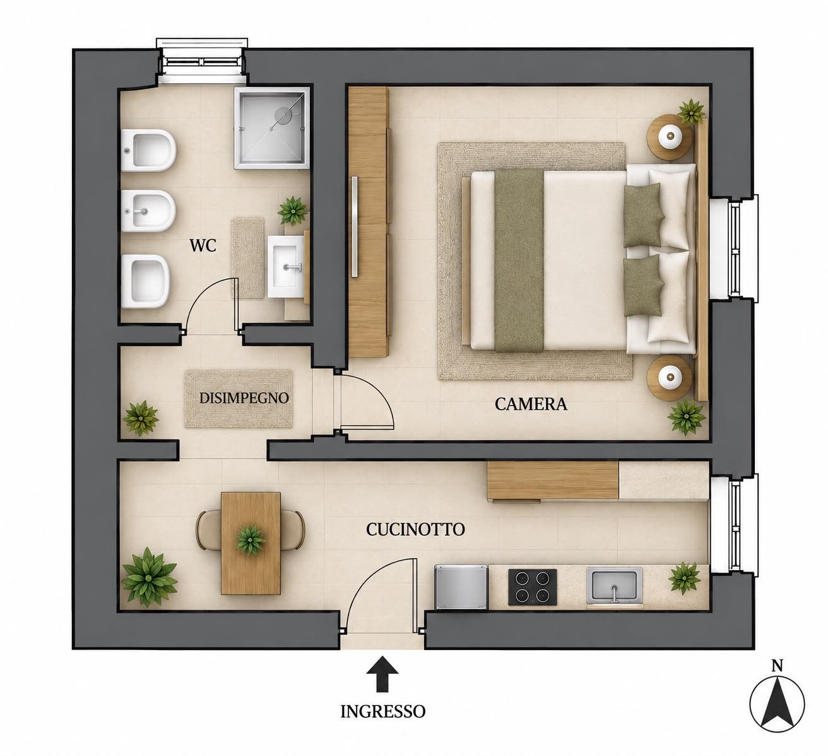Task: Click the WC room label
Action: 203,245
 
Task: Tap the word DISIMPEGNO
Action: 244,398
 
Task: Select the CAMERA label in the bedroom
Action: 531,404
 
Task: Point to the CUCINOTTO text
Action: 415,530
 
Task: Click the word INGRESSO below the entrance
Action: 382,711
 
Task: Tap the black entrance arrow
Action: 382,674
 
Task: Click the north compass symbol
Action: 778,704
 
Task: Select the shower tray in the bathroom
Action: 271,127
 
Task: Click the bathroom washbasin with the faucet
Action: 286,267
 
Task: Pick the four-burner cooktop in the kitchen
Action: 533,587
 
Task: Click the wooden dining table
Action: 251,543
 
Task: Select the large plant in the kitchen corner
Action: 149,578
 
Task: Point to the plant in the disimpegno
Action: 141,417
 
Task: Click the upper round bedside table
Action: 669,137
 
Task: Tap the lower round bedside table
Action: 669,378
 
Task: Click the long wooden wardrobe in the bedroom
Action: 369,222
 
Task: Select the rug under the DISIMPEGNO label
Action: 239,398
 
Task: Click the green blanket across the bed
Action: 519,260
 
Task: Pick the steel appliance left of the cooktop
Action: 461,587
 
